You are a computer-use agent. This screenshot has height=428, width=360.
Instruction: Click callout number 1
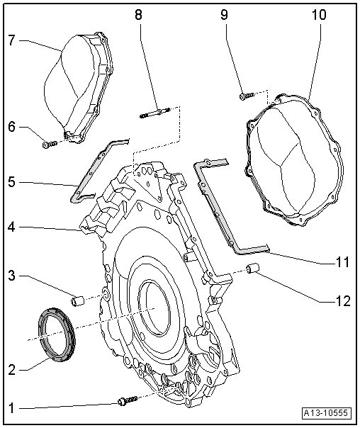point(11,409)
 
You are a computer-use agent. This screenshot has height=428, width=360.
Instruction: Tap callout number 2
point(12,370)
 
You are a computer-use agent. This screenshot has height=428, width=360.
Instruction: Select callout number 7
point(12,40)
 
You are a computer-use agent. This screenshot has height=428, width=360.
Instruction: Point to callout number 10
point(318,14)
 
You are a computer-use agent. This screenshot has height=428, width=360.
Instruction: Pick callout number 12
point(342,301)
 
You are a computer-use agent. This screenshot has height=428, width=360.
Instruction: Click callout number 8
point(138,14)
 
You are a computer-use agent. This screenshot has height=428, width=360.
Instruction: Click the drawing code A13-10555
point(327,412)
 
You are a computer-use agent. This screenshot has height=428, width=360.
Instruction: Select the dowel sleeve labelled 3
point(78,301)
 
